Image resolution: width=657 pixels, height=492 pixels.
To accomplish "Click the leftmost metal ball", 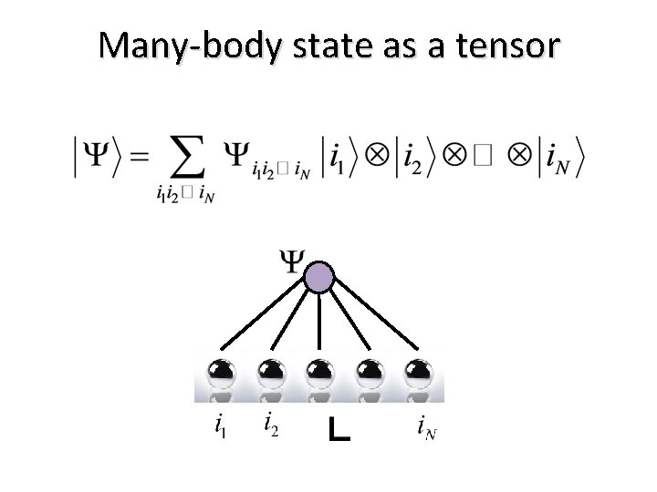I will tap(220, 374).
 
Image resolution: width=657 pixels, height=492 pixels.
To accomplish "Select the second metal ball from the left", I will tap(269, 374).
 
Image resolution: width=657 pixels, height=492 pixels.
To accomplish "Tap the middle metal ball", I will tap(319, 374).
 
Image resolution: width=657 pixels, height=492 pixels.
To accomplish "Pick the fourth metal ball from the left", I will tap(369, 374).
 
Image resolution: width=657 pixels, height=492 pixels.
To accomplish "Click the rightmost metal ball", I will tap(418, 374).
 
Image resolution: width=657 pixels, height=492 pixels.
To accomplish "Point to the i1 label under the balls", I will tap(220, 425).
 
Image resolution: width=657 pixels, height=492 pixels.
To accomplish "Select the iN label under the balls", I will tap(425, 425).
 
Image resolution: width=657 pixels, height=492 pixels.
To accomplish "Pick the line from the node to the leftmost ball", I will tap(266, 320).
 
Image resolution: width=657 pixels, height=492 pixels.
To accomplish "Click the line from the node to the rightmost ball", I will tap(374, 320).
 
